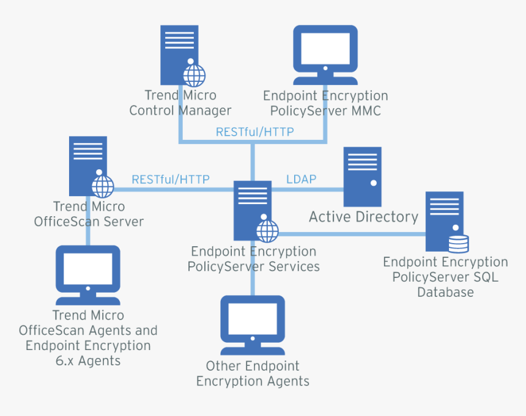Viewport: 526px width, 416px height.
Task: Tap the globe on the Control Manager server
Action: [195, 76]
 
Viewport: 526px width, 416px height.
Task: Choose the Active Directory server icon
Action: [362, 176]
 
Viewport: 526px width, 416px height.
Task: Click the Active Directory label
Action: [363, 217]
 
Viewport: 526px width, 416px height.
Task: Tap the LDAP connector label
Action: [301, 179]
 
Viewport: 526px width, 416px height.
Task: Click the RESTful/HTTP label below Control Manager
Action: [254, 132]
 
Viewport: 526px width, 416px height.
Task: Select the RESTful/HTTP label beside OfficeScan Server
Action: [171, 180]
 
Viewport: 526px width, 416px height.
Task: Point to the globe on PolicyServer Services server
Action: [267, 231]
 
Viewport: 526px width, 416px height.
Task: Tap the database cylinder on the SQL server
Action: [458, 244]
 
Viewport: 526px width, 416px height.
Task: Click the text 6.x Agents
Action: [88, 360]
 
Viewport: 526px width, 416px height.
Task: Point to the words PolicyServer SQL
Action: [445, 277]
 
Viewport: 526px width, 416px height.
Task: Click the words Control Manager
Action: [180, 111]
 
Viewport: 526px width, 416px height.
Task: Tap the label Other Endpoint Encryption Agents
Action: [253, 374]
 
